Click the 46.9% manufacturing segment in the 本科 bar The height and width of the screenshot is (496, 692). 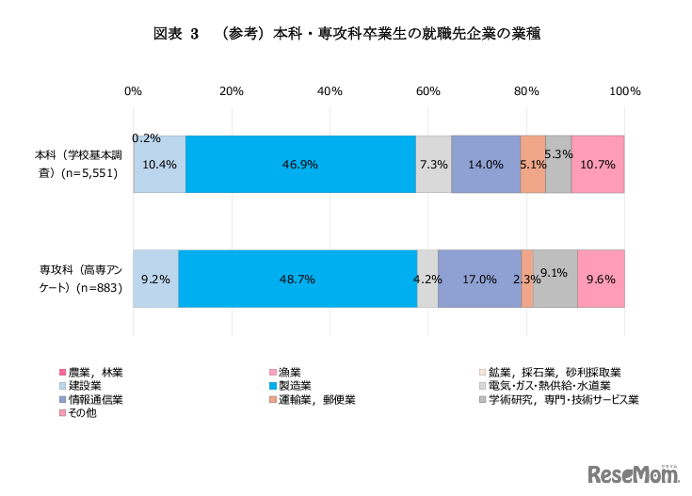[x=300, y=164]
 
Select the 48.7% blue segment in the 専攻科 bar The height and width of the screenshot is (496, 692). [x=298, y=279]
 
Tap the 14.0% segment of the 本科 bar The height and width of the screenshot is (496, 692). [x=486, y=164]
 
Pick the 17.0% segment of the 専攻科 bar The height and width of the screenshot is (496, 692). [x=479, y=279]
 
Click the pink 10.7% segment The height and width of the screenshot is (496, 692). [x=598, y=164]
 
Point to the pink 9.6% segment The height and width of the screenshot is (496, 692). [x=601, y=279]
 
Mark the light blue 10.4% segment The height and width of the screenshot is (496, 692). [x=160, y=164]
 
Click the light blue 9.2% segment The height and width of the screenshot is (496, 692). [x=155, y=279]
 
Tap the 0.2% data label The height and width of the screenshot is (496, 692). [x=146, y=138]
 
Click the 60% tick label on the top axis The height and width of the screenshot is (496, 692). [x=428, y=91]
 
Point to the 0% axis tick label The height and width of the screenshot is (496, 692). [x=134, y=91]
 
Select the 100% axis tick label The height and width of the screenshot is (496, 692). [x=624, y=91]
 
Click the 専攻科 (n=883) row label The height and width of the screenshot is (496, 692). [x=79, y=279]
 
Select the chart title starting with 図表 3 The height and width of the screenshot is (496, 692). [x=345, y=35]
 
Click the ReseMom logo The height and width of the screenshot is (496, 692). [x=634, y=472]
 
